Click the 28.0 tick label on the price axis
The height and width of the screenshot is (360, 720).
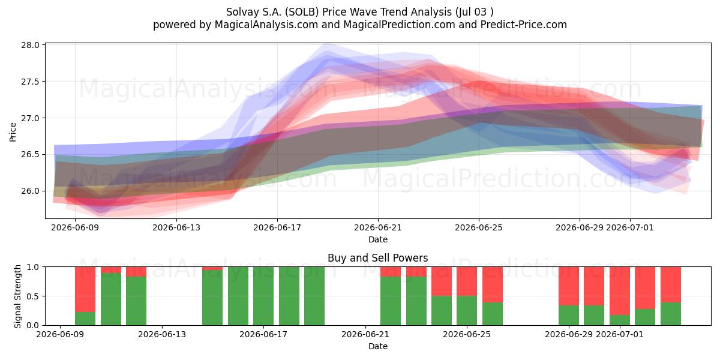(30, 45)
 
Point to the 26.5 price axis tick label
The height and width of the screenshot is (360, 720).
(30, 155)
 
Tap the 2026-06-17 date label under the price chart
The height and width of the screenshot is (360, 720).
(277, 227)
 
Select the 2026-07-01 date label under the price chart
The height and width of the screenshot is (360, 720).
(629, 227)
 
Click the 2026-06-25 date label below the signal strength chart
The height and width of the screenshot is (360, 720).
(467, 334)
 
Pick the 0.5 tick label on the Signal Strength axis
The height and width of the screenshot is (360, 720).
(33, 296)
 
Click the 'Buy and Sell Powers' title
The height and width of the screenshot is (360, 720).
(377, 258)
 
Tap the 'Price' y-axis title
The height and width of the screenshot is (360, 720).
(13, 132)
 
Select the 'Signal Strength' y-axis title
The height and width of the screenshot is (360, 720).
(17, 296)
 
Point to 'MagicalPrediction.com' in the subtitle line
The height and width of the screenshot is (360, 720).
(399, 25)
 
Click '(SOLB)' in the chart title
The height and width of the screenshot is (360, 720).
(302, 12)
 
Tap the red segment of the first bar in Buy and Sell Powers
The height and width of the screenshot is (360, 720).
(85, 289)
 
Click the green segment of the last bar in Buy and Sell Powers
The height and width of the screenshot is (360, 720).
(671, 314)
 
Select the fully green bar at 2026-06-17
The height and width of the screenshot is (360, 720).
(263, 296)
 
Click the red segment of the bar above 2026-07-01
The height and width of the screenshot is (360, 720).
(620, 291)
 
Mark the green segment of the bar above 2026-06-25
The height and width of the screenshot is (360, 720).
(467, 311)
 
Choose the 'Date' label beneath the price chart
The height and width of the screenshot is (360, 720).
(378, 239)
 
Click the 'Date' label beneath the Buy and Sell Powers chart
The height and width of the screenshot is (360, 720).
(378, 346)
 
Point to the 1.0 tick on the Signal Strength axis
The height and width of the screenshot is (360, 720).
(33, 267)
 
